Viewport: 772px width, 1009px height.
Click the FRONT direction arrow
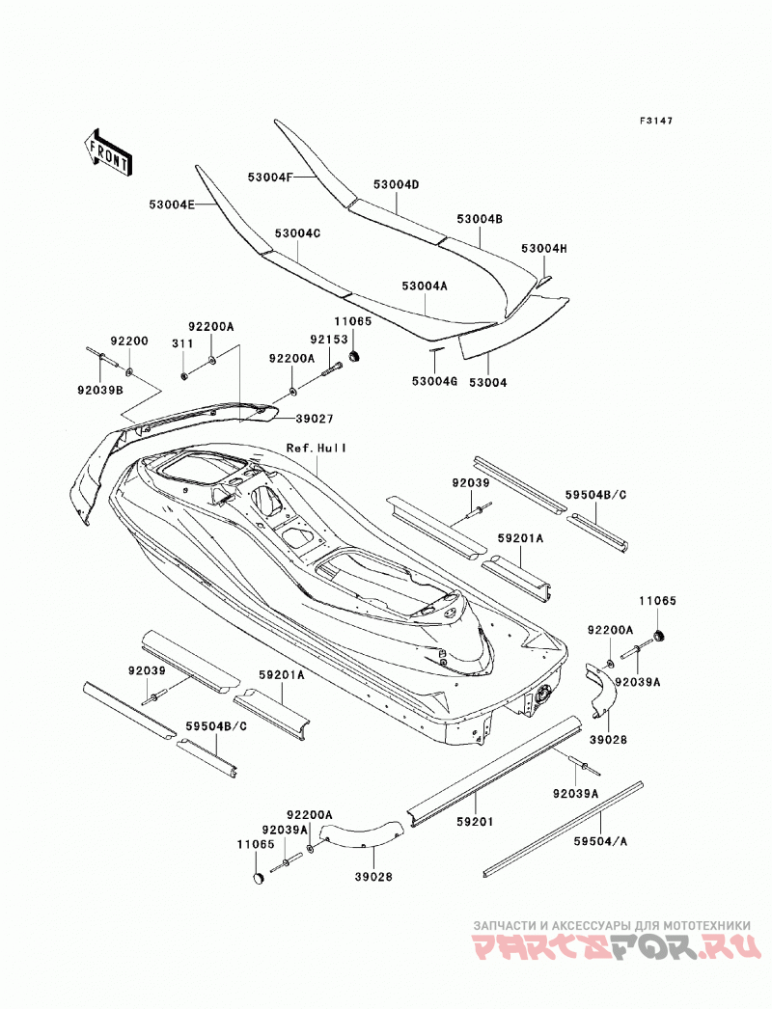coord(108,151)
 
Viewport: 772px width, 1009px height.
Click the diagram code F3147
coord(655,121)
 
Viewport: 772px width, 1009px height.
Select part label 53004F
coord(270,177)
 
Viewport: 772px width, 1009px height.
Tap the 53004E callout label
coord(172,204)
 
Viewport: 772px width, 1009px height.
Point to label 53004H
coord(544,248)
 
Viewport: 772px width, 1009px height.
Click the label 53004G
coord(434,382)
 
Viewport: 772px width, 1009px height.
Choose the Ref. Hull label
coord(317,448)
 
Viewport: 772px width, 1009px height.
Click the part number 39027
coord(315,419)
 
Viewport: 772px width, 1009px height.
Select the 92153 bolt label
coord(329,340)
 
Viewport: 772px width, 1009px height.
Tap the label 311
coord(182,344)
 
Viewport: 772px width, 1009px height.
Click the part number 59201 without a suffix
coord(476,822)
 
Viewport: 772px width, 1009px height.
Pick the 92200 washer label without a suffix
coord(128,341)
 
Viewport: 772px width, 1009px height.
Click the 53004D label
coord(396,184)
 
